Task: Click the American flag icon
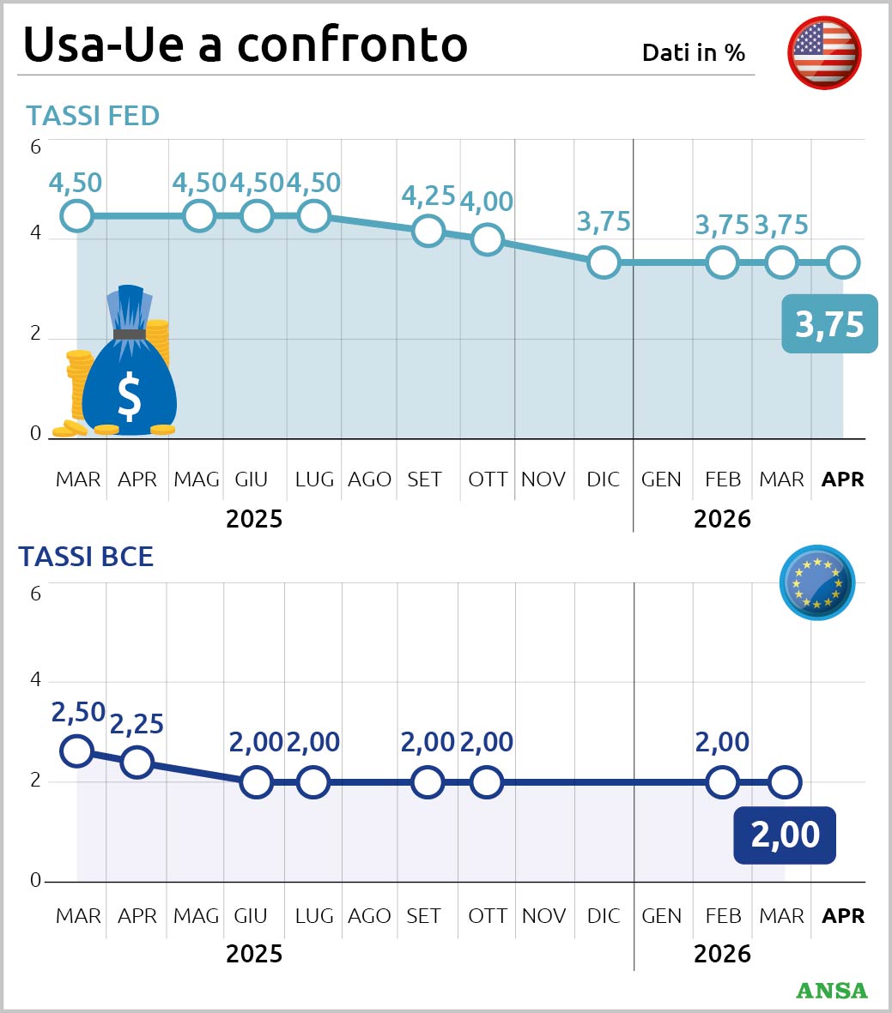pyautogui.click(x=824, y=52)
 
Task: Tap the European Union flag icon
pyautogui.click(x=816, y=582)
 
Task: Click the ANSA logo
pyautogui.click(x=831, y=990)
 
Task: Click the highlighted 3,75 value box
pyautogui.click(x=829, y=324)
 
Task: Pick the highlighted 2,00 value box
pyautogui.click(x=784, y=835)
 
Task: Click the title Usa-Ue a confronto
pyautogui.click(x=246, y=44)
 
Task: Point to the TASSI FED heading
pyautogui.click(x=93, y=116)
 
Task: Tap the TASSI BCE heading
pyautogui.click(x=86, y=557)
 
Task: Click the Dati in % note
pyautogui.click(x=694, y=52)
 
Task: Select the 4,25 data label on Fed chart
pyautogui.click(x=428, y=196)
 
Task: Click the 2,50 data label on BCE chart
pyautogui.click(x=78, y=712)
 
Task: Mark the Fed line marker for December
pyautogui.click(x=604, y=262)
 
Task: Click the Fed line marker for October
pyautogui.click(x=487, y=240)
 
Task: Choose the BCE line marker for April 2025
pyautogui.click(x=137, y=761)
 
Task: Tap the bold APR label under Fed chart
pyautogui.click(x=842, y=479)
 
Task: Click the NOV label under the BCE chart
pyautogui.click(x=543, y=916)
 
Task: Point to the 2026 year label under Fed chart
pyautogui.click(x=722, y=519)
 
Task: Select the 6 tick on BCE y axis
pyautogui.click(x=36, y=593)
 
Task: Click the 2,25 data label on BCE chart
pyautogui.click(x=137, y=724)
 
